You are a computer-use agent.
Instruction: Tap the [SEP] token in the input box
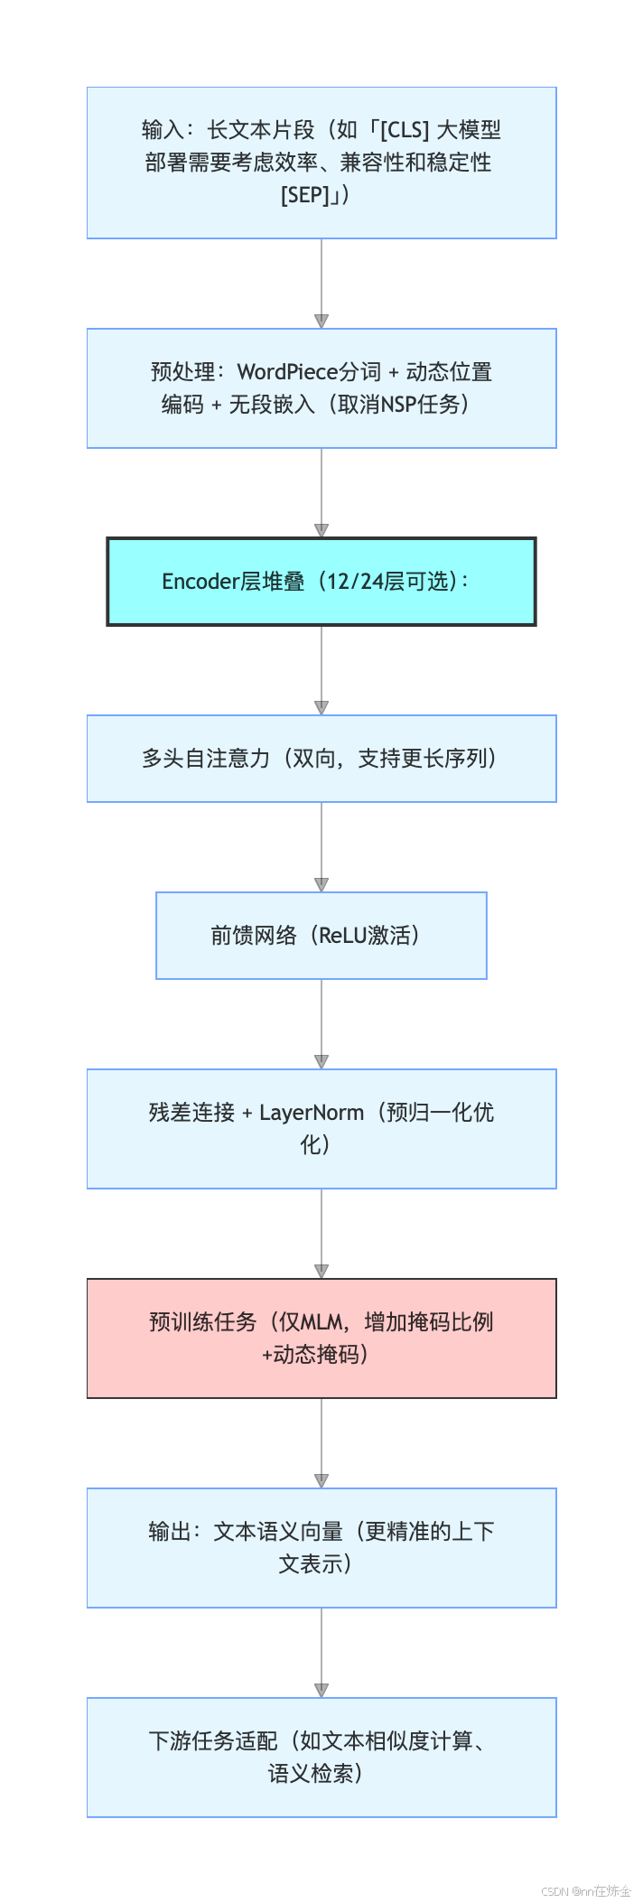[x=305, y=195]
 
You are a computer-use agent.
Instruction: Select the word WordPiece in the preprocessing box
[x=279, y=372]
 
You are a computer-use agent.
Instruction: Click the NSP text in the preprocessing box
[x=397, y=405]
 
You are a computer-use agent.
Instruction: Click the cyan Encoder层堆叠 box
[x=321, y=582]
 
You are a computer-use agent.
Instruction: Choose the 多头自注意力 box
[x=321, y=759]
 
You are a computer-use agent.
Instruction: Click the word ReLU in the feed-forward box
[x=344, y=936]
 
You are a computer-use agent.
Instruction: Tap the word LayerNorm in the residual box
[x=312, y=1113]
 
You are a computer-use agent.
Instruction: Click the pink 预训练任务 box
[x=321, y=1339]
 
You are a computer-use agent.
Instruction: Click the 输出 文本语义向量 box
[x=321, y=1548]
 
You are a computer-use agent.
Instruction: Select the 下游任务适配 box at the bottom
[x=321, y=1758]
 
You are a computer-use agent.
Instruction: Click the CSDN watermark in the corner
[x=586, y=1890]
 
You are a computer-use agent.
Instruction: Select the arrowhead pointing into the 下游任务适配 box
[x=321, y=1691]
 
